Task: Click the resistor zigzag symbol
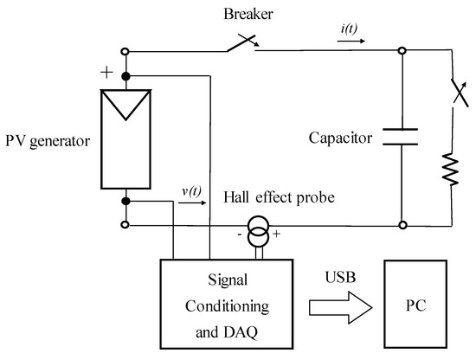(x=450, y=170)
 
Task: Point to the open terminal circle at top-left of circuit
(x=127, y=51)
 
